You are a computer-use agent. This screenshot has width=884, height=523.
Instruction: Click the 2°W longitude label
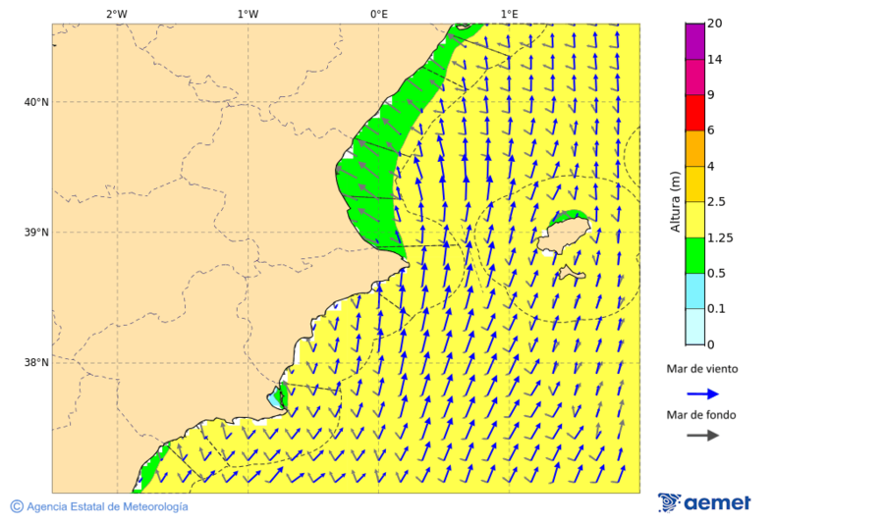(116, 14)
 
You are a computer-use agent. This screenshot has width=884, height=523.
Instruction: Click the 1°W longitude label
(248, 14)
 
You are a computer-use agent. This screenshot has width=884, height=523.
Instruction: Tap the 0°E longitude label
(378, 14)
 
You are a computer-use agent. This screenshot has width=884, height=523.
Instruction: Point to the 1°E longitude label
(509, 14)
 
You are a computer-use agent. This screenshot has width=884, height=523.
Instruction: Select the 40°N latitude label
(36, 102)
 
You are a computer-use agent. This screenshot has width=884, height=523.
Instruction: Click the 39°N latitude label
(36, 233)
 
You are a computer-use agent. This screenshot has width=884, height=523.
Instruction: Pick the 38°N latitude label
(36, 363)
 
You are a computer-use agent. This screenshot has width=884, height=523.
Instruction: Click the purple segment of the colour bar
(694, 41)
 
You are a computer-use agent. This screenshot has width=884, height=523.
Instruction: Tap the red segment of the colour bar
(694, 113)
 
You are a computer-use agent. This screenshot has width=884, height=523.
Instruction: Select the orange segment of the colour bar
(694, 148)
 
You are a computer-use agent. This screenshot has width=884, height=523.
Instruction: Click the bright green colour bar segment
(694, 255)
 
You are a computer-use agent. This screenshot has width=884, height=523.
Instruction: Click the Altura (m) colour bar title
(675, 202)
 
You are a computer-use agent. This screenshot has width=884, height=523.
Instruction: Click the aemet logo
(704, 502)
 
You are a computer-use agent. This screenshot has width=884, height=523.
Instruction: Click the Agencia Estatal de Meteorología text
(107, 506)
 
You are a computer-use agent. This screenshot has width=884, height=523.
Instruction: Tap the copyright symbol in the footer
(17, 506)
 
